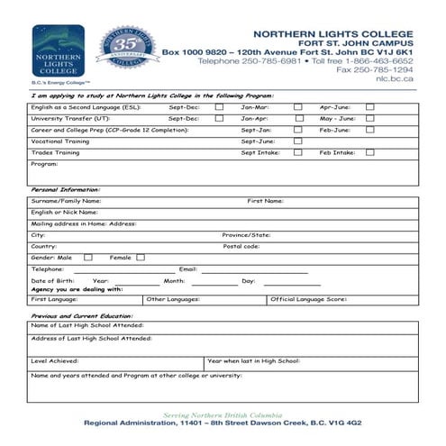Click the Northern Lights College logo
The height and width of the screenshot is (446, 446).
pyautogui.click(x=59, y=51)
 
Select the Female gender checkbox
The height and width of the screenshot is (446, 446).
pyautogui.click(x=141, y=258)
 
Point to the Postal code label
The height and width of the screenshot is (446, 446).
pyautogui.click(x=241, y=246)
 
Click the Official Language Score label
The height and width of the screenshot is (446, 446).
pyautogui.click(x=308, y=298)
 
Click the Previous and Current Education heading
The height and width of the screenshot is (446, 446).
pyautogui.click(x=82, y=316)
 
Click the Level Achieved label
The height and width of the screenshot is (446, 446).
pyautogui.click(x=55, y=360)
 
